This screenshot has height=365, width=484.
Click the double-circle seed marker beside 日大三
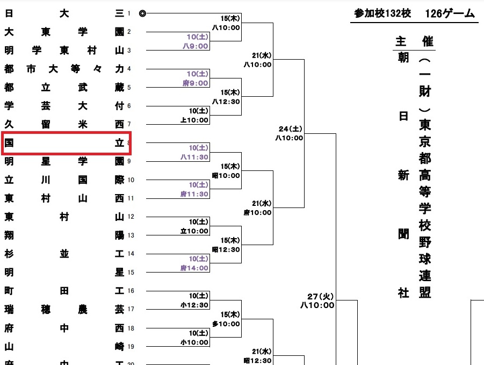[x=142, y=14]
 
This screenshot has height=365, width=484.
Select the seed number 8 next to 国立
[x=129, y=143]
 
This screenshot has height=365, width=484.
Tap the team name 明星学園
[x=64, y=161]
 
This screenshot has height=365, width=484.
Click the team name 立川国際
[x=64, y=180]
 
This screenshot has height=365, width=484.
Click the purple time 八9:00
[x=196, y=46]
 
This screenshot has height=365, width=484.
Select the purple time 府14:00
[x=196, y=268]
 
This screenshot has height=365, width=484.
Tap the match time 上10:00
[x=196, y=120]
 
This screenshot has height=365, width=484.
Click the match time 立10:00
[x=196, y=231]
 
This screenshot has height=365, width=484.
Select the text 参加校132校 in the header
[x=382, y=13]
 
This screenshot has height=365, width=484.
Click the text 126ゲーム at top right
[x=449, y=13]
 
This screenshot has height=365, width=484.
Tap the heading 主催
[x=414, y=42]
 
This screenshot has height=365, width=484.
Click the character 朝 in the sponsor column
[x=403, y=58]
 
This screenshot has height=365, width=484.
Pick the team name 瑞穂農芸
[x=64, y=309]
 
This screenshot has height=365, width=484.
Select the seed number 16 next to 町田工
[x=131, y=291]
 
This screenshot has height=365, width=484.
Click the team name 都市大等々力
[x=64, y=69]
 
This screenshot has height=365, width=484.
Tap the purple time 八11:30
[x=196, y=157]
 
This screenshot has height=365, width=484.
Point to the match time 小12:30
[x=196, y=305]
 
